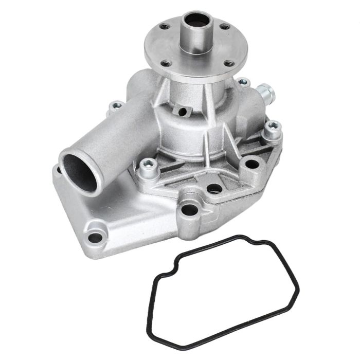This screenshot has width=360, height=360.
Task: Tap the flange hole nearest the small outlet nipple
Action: [230, 64]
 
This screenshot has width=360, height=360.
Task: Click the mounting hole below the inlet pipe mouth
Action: [96, 238]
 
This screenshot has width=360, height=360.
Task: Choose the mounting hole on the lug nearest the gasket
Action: [189, 209]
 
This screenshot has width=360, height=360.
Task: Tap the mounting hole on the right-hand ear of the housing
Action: [252, 164]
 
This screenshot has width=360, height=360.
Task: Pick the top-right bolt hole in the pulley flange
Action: [224, 27]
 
